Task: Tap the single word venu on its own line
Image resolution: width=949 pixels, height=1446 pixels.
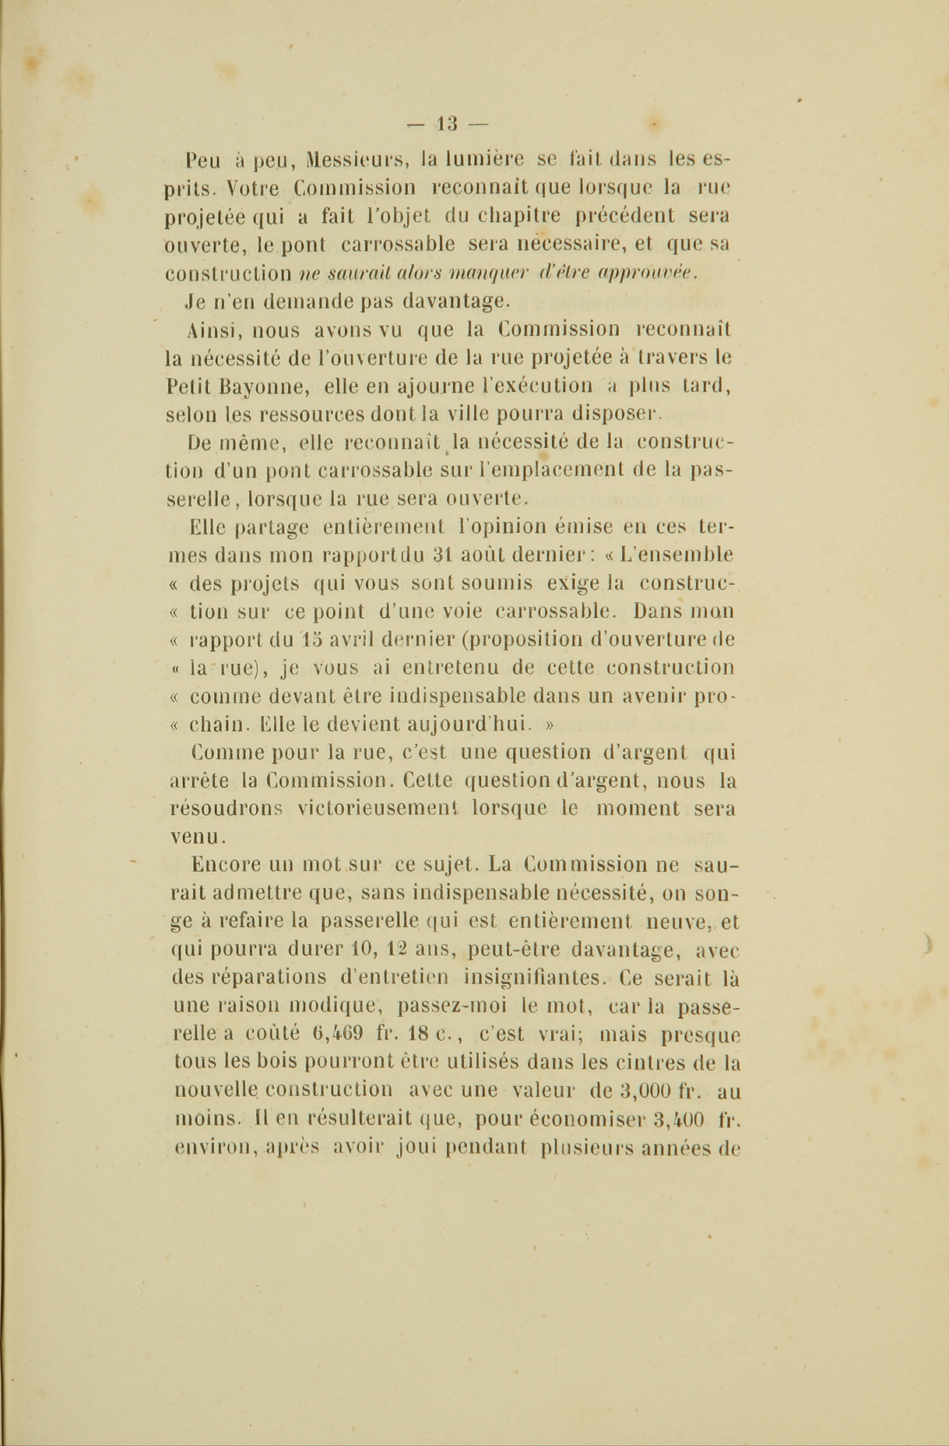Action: point(196,836)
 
